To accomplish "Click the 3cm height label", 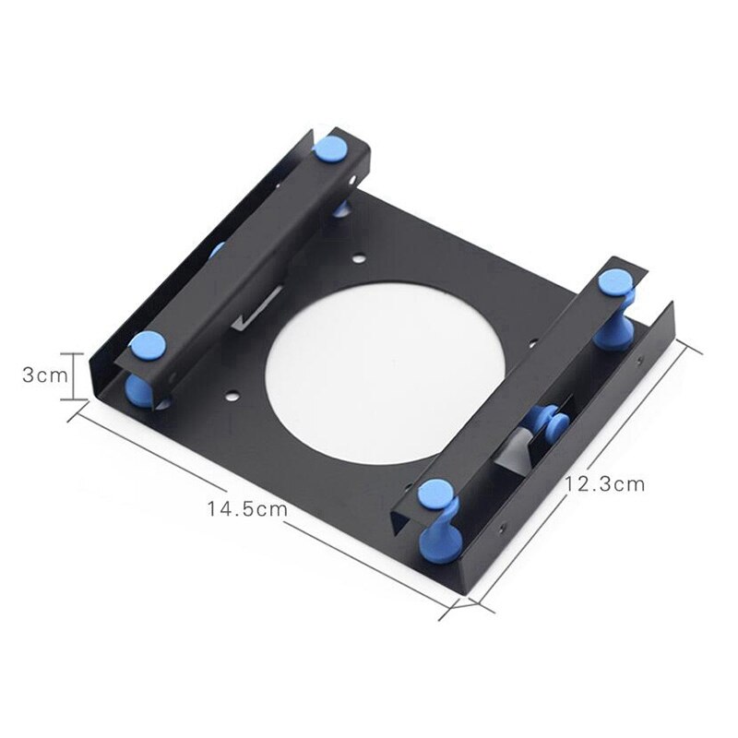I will tap(44, 375).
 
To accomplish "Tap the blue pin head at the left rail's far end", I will tap(329, 148).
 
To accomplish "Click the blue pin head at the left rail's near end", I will tap(148, 347).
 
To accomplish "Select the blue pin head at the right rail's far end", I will tap(613, 280).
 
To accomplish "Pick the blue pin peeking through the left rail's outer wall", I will tap(216, 249).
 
